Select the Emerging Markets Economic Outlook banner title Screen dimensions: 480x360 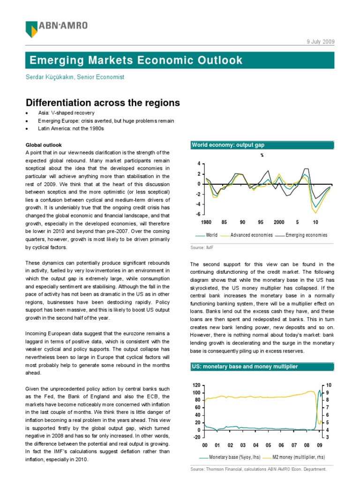click(136, 60)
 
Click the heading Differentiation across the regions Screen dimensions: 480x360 click(103, 103)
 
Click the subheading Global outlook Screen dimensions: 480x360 click(44, 145)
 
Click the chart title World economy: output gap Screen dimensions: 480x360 click(227, 145)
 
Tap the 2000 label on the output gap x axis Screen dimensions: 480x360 click(279, 222)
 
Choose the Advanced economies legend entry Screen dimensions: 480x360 click(251, 235)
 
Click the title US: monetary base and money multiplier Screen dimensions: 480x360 click(244, 366)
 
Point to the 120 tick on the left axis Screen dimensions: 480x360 click(196, 385)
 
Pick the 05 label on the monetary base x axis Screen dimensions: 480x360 click(269, 444)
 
